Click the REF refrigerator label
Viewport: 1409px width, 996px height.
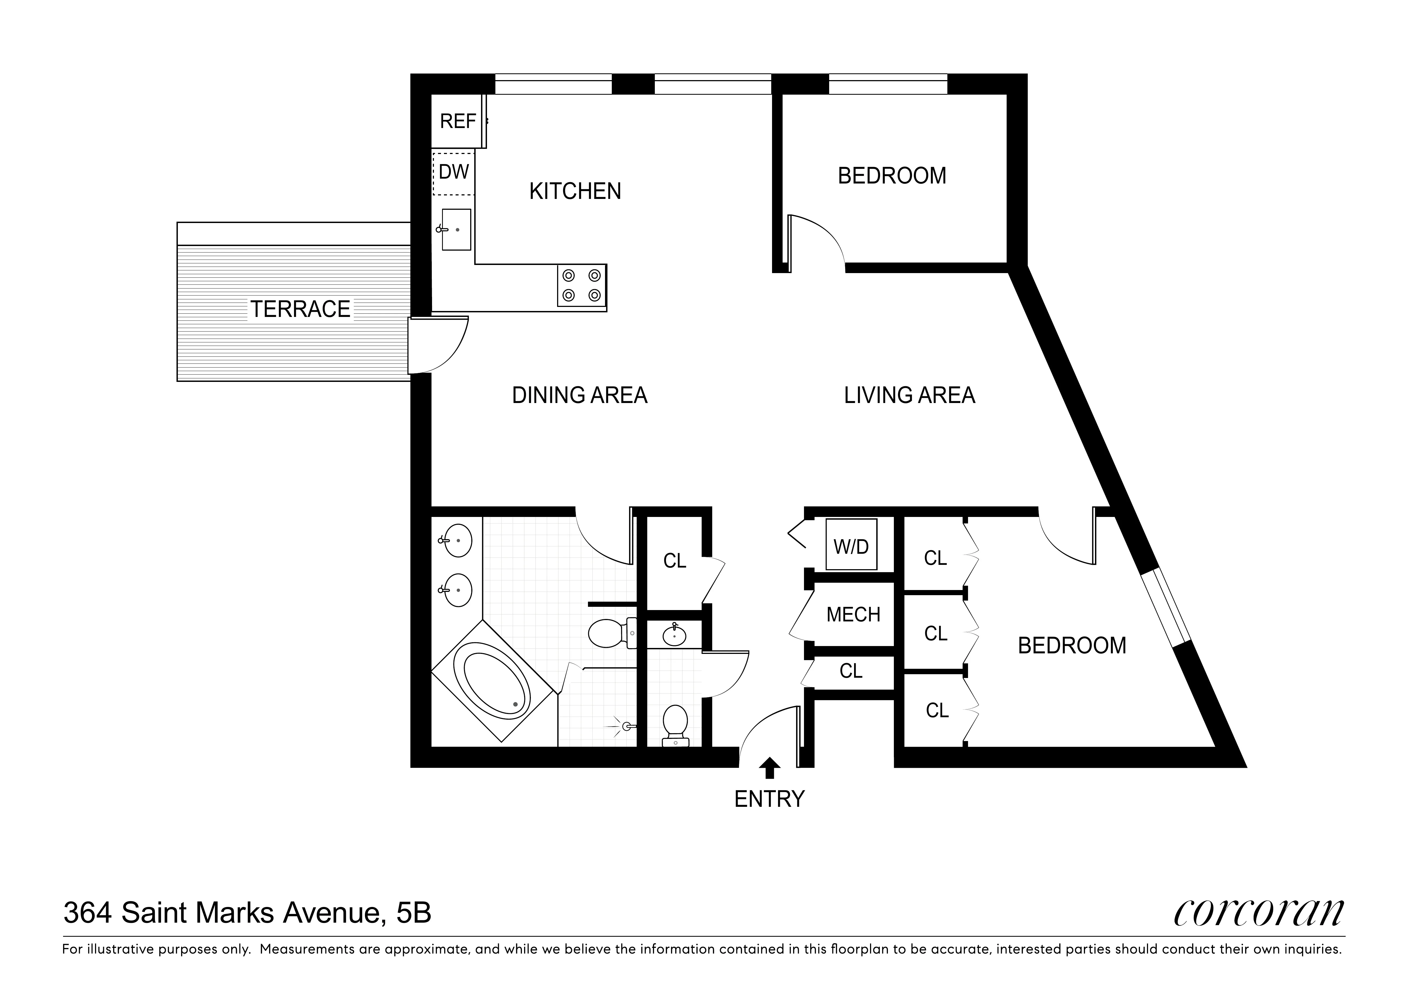(458, 122)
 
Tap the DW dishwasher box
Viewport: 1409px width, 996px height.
(453, 172)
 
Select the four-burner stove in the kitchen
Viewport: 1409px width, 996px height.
(581, 286)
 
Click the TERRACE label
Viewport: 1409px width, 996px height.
(300, 309)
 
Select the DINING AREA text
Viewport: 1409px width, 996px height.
(579, 395)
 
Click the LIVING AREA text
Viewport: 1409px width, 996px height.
(909, 395)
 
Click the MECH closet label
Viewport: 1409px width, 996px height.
(853, 614)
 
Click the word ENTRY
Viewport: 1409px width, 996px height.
(769, 799)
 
